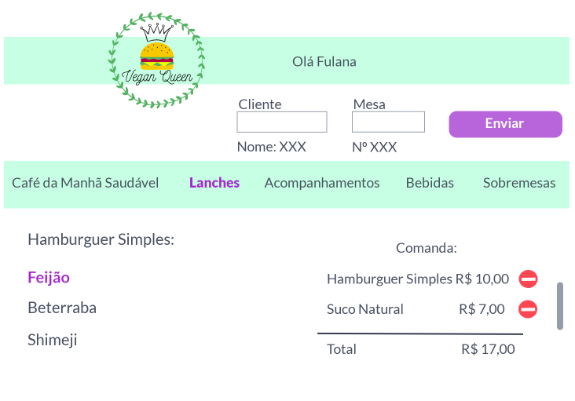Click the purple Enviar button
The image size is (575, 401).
[x=505, y=124]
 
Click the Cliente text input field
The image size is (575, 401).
[x=282, y=122]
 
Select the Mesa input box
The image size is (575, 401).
[x=388, y=122]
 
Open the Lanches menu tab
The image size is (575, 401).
[x=214, y=183]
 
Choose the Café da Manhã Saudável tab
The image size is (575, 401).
[x=85, y=183]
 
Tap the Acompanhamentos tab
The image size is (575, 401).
[x=322, y=183]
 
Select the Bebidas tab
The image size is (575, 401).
[x=430, y=183]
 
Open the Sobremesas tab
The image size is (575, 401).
[x=519, y=183]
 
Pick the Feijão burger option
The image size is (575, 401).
[x=49, y=277]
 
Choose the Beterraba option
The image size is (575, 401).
[x=62, y=308]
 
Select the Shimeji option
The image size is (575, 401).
[x=53, y=340]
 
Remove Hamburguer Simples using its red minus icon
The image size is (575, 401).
[x=529, y=279]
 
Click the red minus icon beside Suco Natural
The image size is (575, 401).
[x=529, y=309]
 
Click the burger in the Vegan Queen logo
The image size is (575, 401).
[x=157, y=55]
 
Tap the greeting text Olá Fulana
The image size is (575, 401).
[x=324, y=61]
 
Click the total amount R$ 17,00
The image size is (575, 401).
[x=488, y=349]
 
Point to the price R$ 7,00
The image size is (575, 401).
[x=482, y=309]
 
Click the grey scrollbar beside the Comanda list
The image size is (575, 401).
[x=560, y=306]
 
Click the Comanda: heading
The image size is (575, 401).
[x=427, y=248]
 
